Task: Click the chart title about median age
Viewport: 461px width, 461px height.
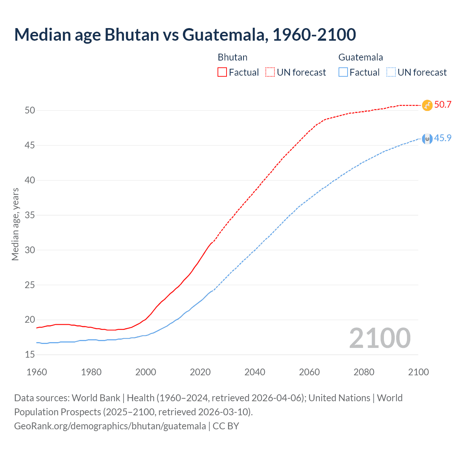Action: [x=185, y=35]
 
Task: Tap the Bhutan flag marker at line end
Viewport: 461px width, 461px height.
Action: [x=427, y=105]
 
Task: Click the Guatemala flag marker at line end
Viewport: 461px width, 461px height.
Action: [x=427, y=139]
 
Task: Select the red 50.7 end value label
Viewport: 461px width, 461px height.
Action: [x=443, y=105]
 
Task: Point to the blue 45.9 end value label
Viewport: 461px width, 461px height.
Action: [x=443, y=138]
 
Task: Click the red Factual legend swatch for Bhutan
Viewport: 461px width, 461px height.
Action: [x=222, y=72]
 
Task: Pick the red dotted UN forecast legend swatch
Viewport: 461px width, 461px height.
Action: [x=270, y=72]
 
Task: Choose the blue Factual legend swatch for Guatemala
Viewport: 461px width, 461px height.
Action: [x=343, y=72]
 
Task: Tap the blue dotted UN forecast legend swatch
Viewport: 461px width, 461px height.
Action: [x=391, y=72]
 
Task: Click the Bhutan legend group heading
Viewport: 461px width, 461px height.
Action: [x=233, y=57]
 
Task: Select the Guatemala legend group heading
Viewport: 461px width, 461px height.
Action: [x=361, y=57]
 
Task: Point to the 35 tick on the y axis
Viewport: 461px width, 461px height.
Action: [x=30, y=215]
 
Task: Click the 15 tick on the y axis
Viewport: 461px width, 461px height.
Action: [x=30, y=355]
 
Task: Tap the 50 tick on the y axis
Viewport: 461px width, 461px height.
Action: [x=30, y=111]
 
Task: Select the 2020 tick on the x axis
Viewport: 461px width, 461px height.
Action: [x=200, y=372]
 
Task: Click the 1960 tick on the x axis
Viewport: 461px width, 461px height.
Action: [x=37, y=372]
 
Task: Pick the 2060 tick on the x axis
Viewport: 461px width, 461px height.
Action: [x=309, y=372]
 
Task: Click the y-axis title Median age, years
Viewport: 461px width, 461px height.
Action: [x=15, y=224]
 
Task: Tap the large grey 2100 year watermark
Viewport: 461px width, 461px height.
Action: [x=380, y=338]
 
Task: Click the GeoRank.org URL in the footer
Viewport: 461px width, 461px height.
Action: [x=110, y=426]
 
